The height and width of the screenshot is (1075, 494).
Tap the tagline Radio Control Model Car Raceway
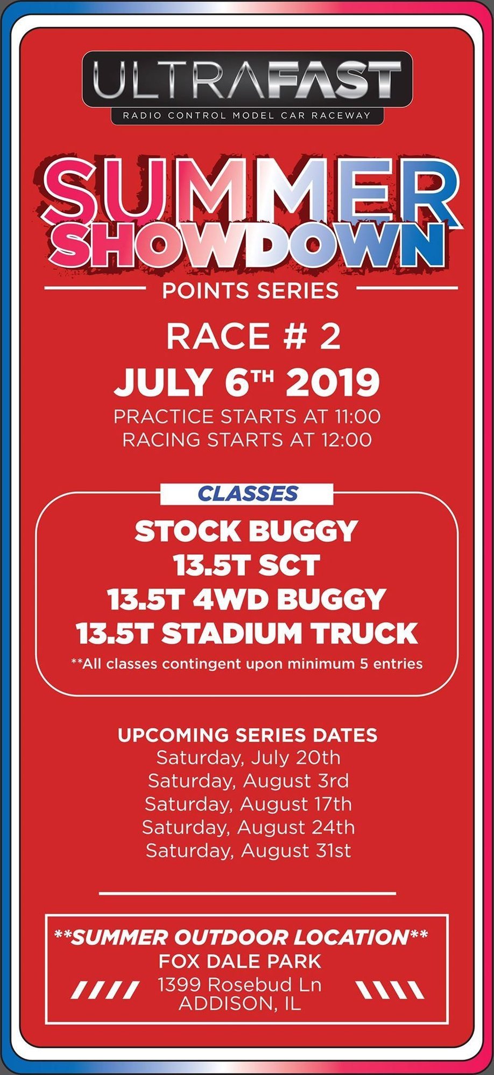tap(247, 115)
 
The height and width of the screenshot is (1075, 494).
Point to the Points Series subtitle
tap(251, 291)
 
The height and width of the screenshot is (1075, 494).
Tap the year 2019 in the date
tap(333, 383)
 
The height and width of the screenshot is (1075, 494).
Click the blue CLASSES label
tap(248, 493)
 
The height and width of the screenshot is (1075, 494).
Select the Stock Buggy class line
tap(246, 531)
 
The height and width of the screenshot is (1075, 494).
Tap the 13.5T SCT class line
tap(246, 565)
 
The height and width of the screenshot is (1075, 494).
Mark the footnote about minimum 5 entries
tap(247, 664)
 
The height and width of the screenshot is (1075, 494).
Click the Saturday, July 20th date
tap(248, 758)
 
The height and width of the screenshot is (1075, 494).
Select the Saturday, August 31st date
tap(248, 851)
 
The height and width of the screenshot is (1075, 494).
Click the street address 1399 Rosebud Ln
tap(240, 985)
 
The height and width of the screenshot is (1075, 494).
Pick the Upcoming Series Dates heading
tap(248, 735)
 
